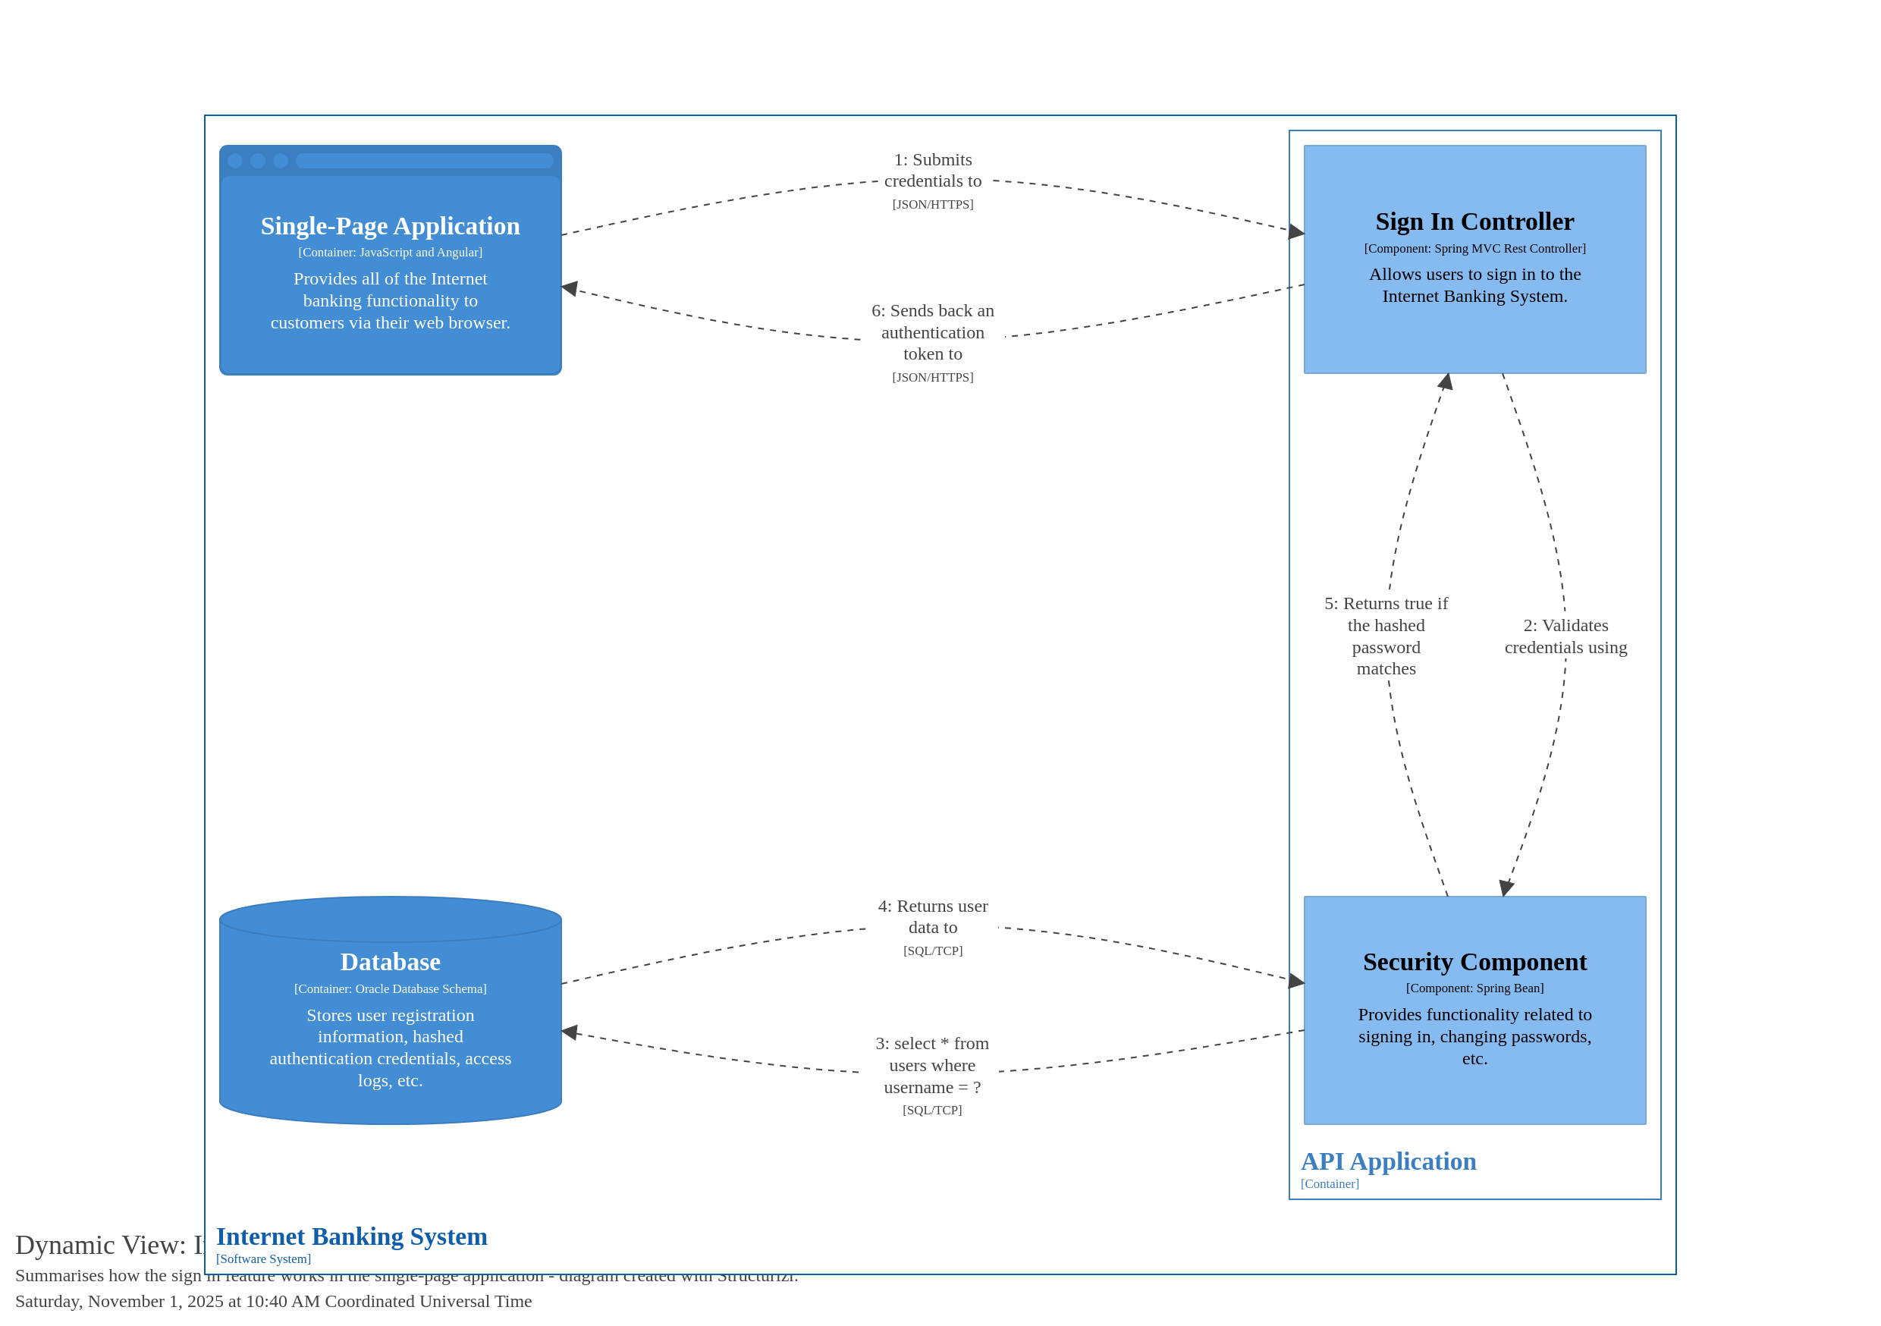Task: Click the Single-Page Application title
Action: [x=390, y=226]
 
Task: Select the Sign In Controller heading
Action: [x=1474, y=222]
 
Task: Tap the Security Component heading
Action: [x=1474, y=961]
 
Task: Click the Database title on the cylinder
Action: [x=390, y=961]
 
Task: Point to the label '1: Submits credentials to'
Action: [x=932, y=171]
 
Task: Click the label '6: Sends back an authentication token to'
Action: [x=932, y=332]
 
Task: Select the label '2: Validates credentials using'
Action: [x=1565, y=636]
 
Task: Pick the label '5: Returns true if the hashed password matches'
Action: [x=1386, y=636]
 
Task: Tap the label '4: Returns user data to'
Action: [x=932, y=916]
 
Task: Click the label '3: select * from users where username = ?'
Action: [x=931, y=1064]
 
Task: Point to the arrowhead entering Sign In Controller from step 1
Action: [x=1296, y=231]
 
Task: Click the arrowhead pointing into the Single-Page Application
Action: [x=570, y=288]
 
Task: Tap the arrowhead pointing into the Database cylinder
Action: [x=570, y=1032]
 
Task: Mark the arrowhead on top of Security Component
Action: [x=1506, y=888]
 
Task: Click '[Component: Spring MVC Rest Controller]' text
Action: [x=1474, y=248]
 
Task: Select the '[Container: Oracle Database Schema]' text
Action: [x=390, y=988]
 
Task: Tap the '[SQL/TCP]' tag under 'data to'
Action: [x=932, y=951]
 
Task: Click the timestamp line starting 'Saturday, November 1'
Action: [x=273, y=1302]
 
